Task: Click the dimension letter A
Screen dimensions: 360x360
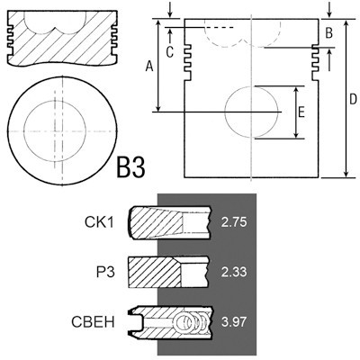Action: tap(149, 66)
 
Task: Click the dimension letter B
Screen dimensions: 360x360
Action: tap(328, 33)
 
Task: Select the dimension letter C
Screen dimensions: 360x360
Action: tap(170, 52)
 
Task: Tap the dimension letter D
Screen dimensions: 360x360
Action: tap(354, 99)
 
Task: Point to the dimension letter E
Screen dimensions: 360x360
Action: tap(301, 112)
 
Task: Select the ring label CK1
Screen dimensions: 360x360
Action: tap(99, 222)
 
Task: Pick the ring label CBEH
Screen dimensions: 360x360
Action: tap(93, 322)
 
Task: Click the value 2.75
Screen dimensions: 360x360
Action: tap(234, 222)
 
